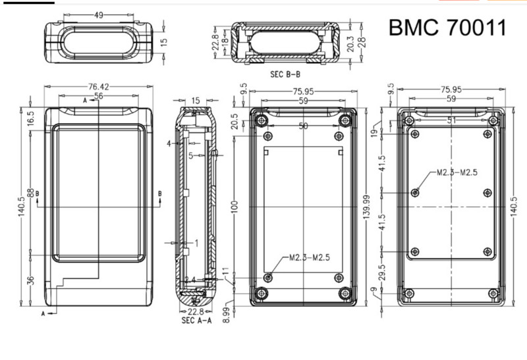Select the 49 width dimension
[98, 15]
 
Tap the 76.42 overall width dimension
[98, 86]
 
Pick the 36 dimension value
[31, 280]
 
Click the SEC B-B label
[285, 74]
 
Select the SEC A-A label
[196, 321]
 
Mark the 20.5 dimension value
[235, 121]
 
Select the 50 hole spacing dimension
[303, 126]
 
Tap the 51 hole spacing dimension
[452, 120]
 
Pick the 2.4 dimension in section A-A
[190, 280]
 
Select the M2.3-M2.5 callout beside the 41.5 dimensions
[457, 173]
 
